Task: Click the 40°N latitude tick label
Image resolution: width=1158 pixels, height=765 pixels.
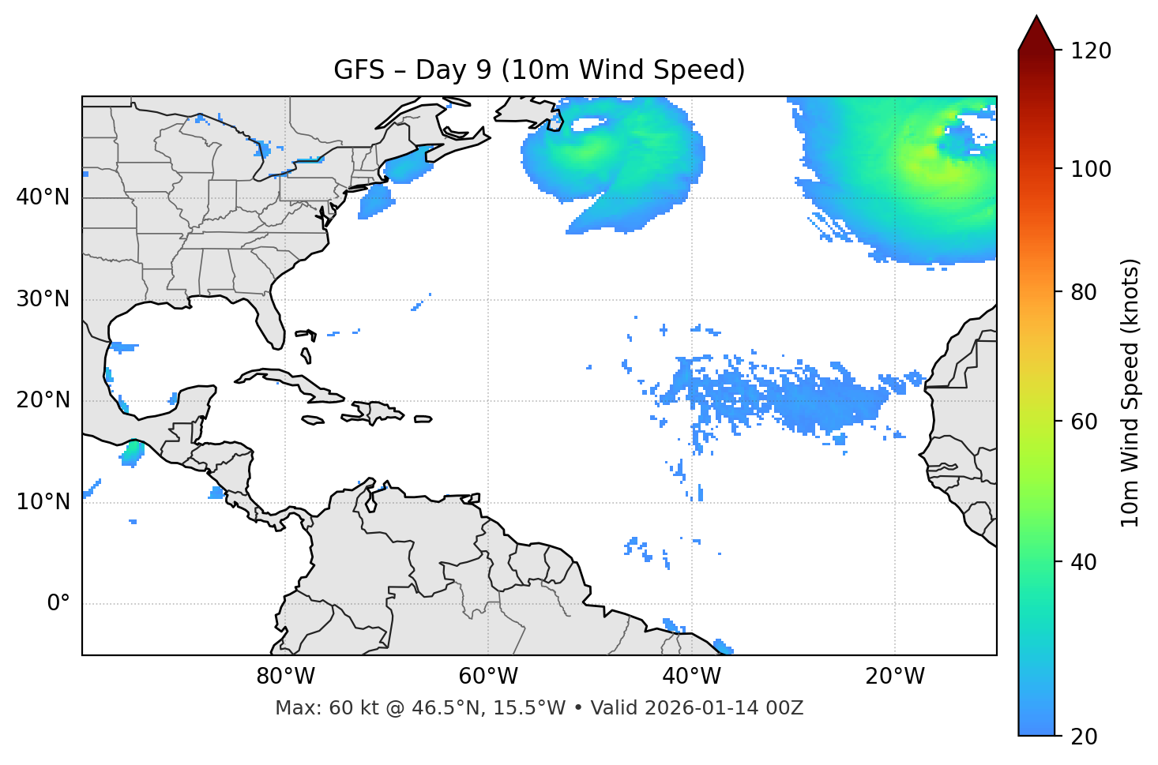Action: pos(43,197)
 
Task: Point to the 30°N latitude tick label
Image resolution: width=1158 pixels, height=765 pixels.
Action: pos(43,299)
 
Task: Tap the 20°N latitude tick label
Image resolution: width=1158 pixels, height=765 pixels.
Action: pos(43,401)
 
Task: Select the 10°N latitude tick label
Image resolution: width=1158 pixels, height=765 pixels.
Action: pos(43,502)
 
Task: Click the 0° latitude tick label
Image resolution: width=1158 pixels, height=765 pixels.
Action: pos(58,604)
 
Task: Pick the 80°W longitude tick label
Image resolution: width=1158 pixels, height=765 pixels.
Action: pos(285,677)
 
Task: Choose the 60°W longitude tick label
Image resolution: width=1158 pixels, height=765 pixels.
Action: pos(488,677)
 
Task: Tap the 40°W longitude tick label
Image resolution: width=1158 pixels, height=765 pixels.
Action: pos(691,677)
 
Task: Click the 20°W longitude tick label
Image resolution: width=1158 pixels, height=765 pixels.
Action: pos(894,677)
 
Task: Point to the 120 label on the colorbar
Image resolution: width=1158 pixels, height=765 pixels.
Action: pos(1091,51)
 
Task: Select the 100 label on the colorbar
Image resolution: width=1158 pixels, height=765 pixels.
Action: pos(1091,169)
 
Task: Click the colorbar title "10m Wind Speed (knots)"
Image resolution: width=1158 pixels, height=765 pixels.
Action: pos(1130,392)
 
